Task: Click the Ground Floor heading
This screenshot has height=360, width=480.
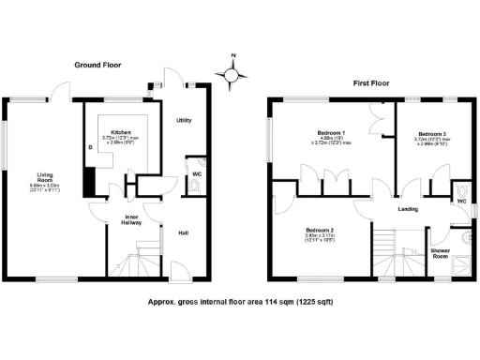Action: point(98,65)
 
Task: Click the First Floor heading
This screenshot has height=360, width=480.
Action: point(371,83)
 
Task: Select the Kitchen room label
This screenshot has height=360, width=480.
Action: point(121,132)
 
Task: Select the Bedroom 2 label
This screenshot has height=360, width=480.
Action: point(321,230)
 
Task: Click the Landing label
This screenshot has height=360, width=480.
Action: point(407,209)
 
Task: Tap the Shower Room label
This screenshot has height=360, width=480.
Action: point(441,253)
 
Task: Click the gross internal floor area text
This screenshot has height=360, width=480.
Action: point(240,302)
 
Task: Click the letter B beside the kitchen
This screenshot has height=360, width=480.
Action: point(90,147)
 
